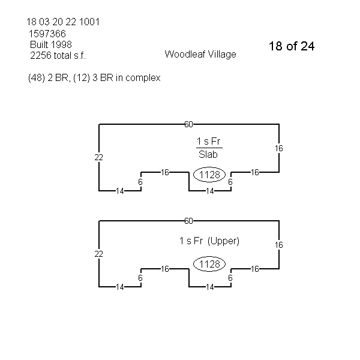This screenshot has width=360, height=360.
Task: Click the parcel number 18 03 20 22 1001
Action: point(63,22)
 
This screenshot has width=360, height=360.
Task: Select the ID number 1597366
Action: point(47,34)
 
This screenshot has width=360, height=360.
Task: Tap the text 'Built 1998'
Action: point(51,44)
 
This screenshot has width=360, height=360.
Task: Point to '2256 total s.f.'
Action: point(58,55)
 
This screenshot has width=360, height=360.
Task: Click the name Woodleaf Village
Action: point(200,54)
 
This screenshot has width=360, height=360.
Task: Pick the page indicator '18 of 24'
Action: point(292,46)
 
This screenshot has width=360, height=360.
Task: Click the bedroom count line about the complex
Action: point(94,78)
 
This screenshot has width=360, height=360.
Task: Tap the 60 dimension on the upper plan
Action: point(188,124)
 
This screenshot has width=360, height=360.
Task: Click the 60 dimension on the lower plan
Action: point(188,221)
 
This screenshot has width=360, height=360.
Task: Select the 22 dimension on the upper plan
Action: point(99,157)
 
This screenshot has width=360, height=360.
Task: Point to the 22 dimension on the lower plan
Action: point(99,254)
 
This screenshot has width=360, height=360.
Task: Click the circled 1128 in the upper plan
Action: point(209,175)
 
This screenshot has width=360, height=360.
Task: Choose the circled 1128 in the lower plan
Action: point(209,265)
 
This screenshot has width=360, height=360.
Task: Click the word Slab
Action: point(209,154)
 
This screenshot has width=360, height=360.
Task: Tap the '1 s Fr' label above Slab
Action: point(209,142)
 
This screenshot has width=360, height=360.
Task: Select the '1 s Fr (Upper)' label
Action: point(209,241)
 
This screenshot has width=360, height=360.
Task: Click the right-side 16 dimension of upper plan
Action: point(279,148)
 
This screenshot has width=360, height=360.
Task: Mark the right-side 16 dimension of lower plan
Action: point(279,245)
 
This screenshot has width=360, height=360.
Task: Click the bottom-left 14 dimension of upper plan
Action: point(120,191)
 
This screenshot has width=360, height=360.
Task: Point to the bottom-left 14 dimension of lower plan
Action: point(120,287)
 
